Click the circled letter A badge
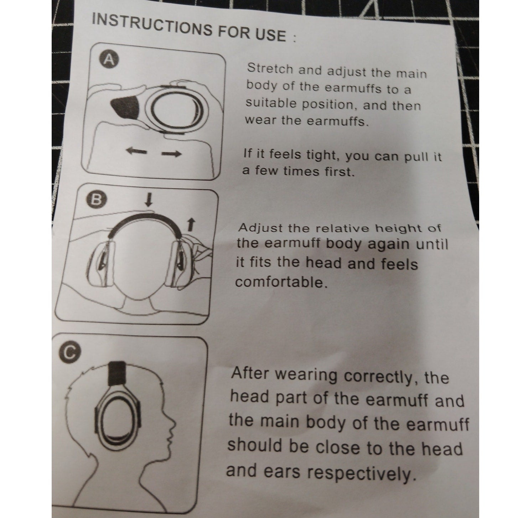pos(109,60)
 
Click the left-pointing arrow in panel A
pos(137,152)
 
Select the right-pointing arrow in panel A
pos(171,154)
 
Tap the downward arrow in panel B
pos(149,200)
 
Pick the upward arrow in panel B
pos(191,224)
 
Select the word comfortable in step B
pos(281,282)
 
